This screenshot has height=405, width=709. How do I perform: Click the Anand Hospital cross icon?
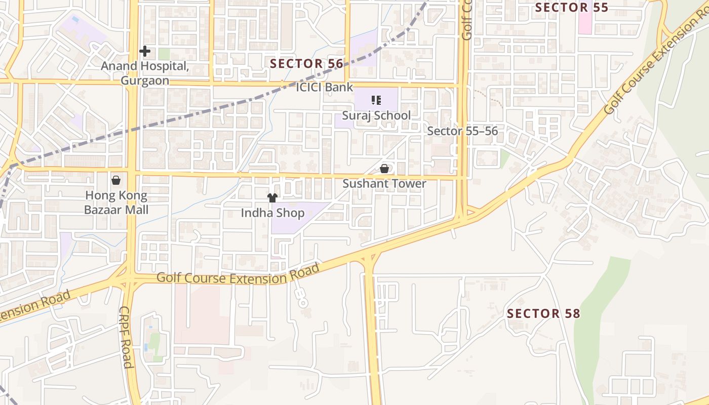[x=145, y=51]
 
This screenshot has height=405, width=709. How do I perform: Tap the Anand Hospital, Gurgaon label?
[x=145, y=73]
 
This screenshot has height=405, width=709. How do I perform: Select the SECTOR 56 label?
[x=306, y=63]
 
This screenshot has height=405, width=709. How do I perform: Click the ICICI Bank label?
[x=324, y=87]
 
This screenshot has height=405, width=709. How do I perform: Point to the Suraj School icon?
[x=376, y=100]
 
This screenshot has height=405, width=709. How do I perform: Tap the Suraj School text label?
[x=376, y=115]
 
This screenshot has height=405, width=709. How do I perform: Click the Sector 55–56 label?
[x=462, y=131]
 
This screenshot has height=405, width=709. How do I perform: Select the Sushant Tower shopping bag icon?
[x=384, y=169]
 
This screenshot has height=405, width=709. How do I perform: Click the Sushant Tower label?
[x=384, y=183]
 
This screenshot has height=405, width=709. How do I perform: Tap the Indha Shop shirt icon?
[x=272, y=198]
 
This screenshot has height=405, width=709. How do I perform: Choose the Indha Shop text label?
[x=272, y=213]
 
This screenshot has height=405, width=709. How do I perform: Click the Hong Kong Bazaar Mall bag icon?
[x=116, y=180]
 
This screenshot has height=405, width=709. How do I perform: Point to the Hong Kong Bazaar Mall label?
[x=116, y=202]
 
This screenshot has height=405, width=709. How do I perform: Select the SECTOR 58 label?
[x=543, y=313]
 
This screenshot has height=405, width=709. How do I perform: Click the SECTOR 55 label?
[x=571, y=8]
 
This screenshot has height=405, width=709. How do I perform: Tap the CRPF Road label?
[x=126, y=337]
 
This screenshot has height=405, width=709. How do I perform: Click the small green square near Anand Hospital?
[x=164, y=54]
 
